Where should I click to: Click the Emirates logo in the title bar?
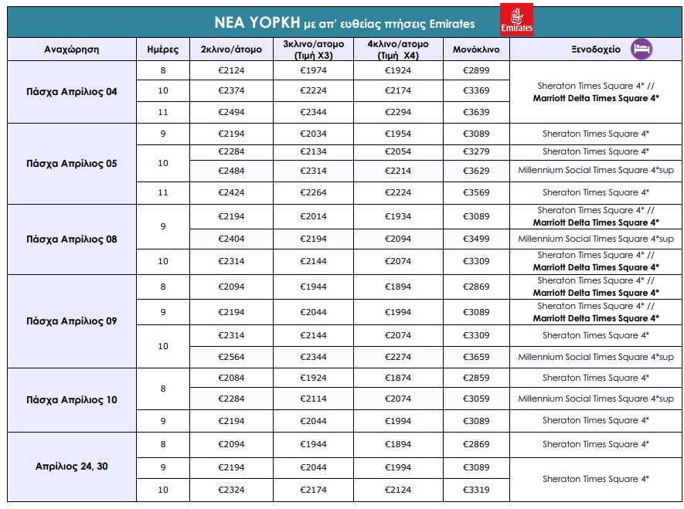516,19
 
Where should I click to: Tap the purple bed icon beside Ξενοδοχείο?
641,49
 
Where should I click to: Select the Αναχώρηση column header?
70,49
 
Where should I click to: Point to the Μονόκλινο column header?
475,49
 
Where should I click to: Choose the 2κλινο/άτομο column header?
230,49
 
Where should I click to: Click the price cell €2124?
230,70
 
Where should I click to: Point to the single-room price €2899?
475,70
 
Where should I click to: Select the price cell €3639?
475,112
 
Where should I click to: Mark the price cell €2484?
230,170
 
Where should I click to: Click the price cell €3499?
475,239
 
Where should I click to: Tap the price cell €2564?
230,357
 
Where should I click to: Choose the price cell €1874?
399,378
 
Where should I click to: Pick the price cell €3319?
475,490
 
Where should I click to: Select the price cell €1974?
314,70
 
